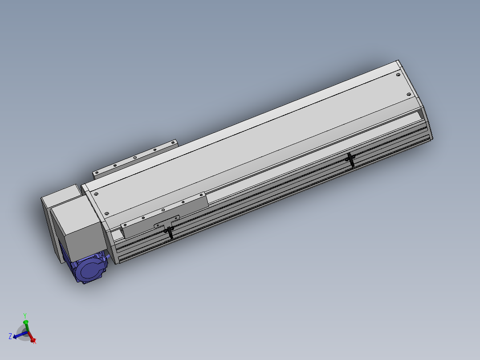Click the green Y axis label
tap(25, 315)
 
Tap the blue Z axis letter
tap(10, 336)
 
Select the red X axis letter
tap(34, 342)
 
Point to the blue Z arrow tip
tap(13, 338)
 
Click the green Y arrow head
tap(26, 322)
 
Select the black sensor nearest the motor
tap(170, 233)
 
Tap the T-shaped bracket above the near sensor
tap(167, 222)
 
